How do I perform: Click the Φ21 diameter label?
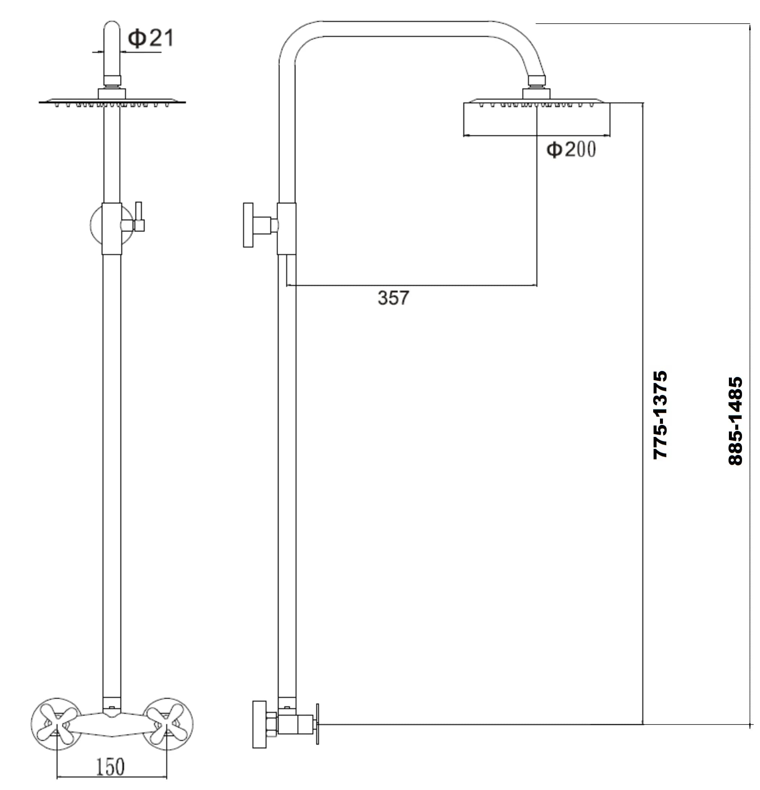151,38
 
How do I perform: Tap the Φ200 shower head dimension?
571,149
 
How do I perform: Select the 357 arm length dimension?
393,298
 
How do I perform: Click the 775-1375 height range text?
660,415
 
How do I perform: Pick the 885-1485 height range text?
735,421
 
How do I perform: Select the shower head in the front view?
112,102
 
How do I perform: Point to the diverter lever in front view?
138,216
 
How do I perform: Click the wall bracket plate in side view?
248,225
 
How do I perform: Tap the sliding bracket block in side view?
286,228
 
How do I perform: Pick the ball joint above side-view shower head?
537,81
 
